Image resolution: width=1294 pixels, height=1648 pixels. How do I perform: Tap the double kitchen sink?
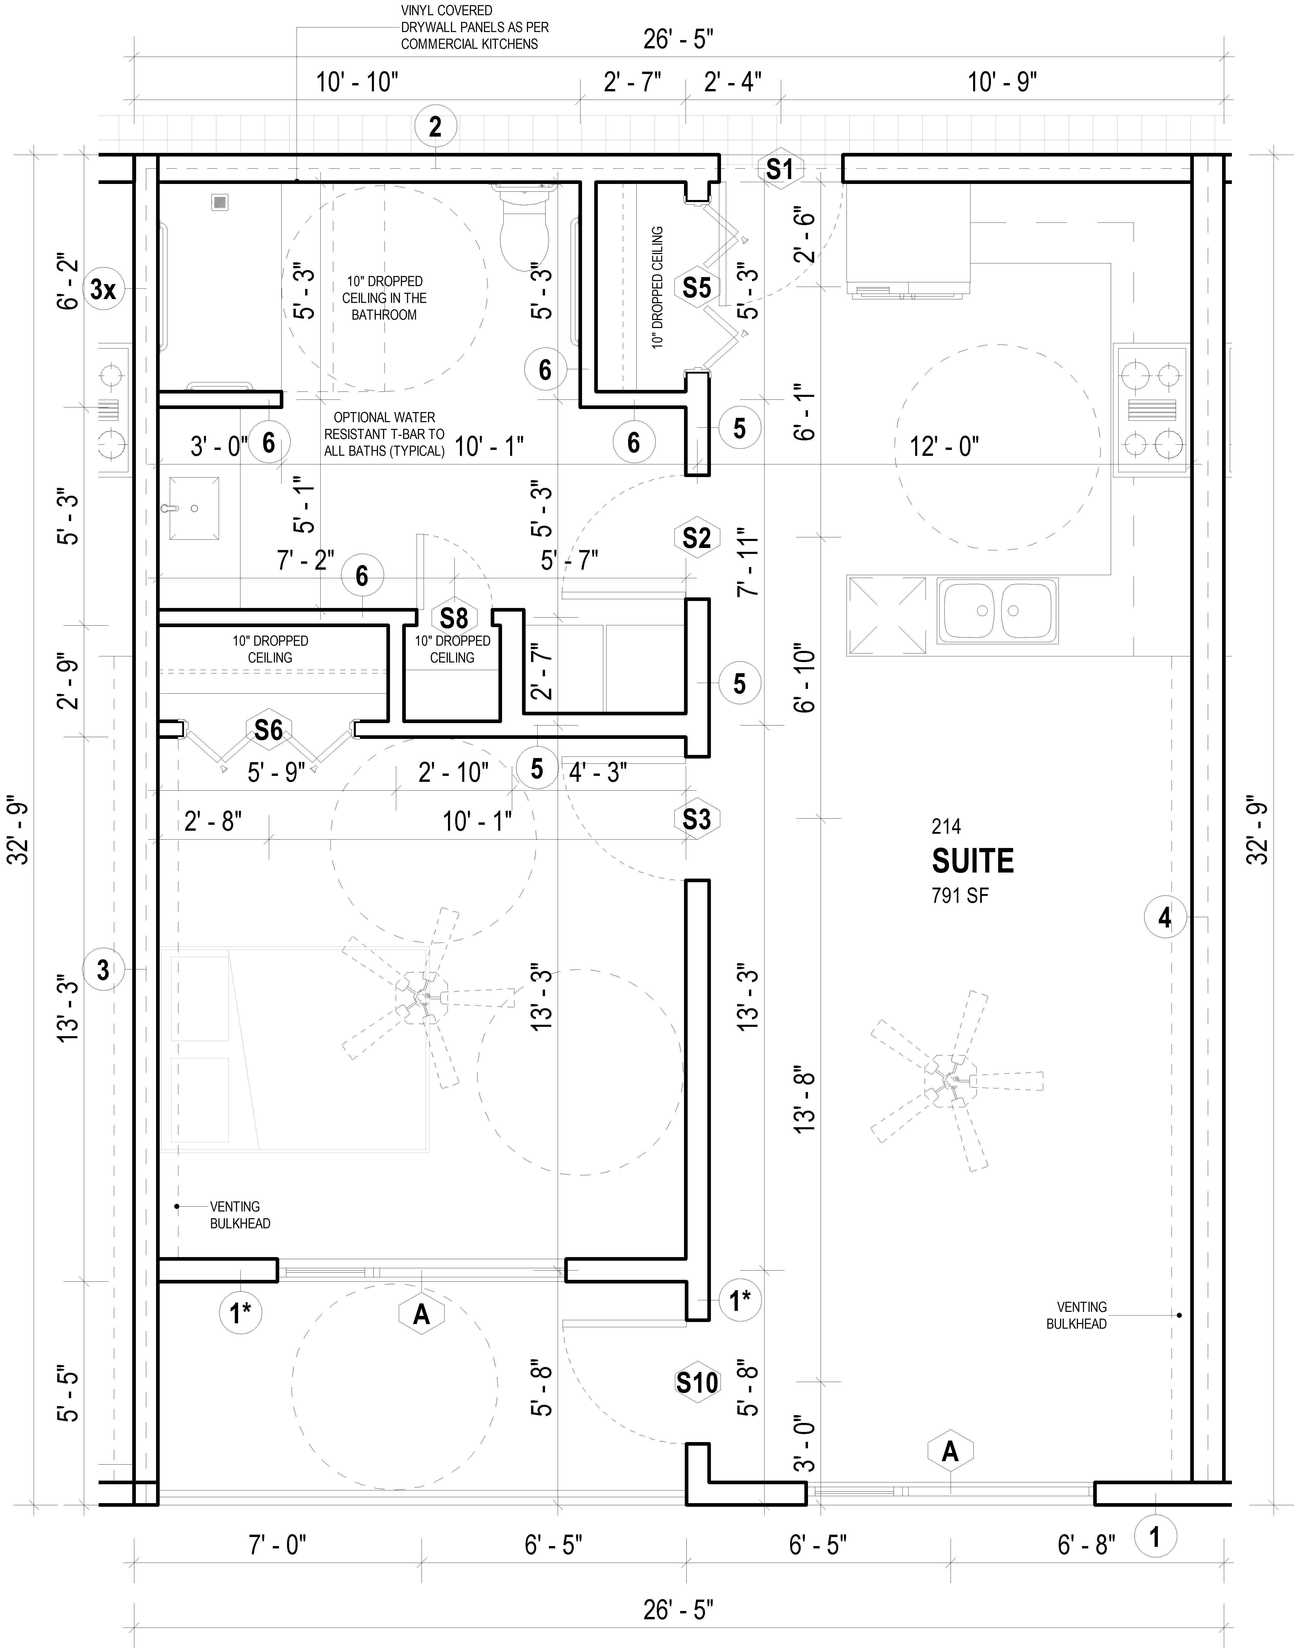pyautogui.click(x=997, y=610)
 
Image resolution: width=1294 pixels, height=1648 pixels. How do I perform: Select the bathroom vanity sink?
pyautogui.click(x=194, y=508)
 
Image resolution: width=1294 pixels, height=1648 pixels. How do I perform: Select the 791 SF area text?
pyautogui.click(x=960, y=896)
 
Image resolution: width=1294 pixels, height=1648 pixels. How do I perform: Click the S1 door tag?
pyautogui.click(x=779, y=169)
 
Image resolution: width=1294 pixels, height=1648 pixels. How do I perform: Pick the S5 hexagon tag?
pyautogui.click(x=696, y=288)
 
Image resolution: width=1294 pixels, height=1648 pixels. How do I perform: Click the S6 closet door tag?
pyautogui.click(x=268, y=730)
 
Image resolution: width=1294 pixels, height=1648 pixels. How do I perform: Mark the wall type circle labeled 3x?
pyautogui.click(x=103, y=288)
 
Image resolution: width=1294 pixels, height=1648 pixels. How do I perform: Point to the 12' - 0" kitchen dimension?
pyautogui.click(x=944, y=447)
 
